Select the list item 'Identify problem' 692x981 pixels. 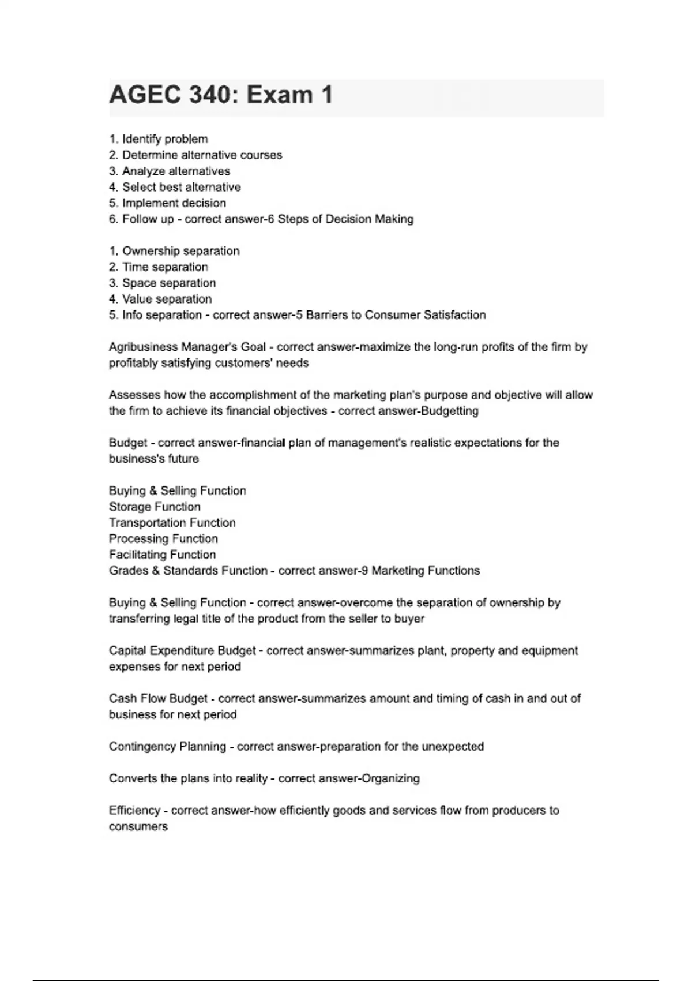(x=164, y=139)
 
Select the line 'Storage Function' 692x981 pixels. (x=155, y=507)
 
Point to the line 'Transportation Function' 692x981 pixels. (x=172, y=523)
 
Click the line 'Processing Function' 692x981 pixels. (x=163, y=539)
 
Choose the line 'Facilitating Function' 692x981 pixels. (x=162, y=555)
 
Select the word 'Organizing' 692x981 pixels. (x=390, y=778)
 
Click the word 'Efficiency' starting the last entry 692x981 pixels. (x=134, y=811)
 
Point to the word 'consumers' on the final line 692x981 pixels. (x=138, y=827)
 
